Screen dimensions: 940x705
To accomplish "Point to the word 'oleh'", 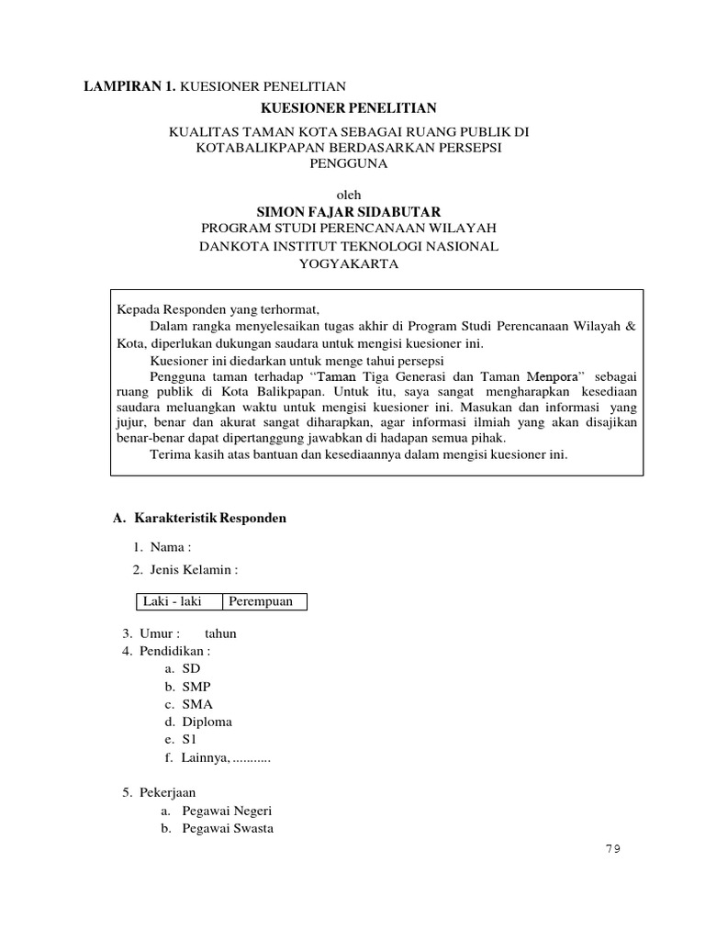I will (352, 194).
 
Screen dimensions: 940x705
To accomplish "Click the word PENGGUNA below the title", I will (352, 164).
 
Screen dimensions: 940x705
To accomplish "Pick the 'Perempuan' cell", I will (261, 601).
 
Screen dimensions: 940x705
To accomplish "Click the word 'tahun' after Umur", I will (220, 633).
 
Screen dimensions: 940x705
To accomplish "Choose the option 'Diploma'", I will (207, 722).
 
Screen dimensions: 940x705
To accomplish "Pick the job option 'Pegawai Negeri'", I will (227, 811).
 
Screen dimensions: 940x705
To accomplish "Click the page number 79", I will (612, 849).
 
